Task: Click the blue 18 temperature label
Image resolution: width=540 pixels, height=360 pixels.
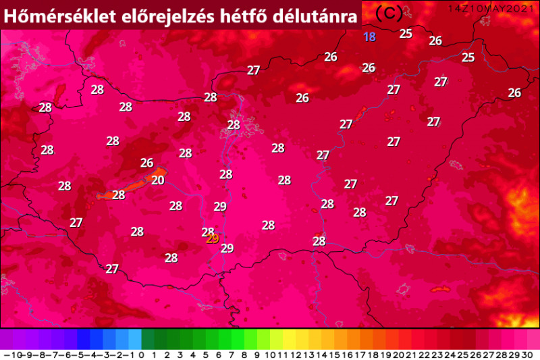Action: click(369, 37)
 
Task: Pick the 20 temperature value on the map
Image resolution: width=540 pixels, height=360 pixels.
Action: click(158, 180)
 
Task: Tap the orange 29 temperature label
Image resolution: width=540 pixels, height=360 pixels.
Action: click(213, 238)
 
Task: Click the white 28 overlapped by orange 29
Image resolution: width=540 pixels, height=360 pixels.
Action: click(207, 232)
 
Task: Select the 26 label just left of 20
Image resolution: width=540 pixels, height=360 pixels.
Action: click(146, 163)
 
